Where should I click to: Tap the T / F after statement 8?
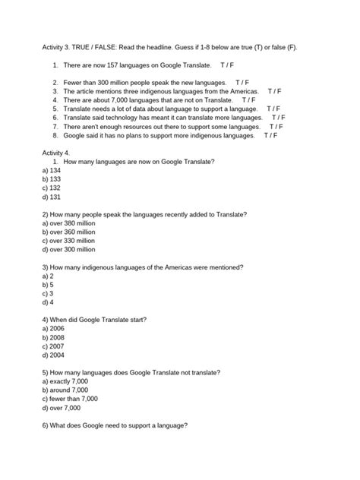(270, 135)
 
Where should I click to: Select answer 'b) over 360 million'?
(69, 232)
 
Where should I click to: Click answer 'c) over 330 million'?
(69, 240)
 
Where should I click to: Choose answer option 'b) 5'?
(48, 284)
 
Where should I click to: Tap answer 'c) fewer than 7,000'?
(71, 399)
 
